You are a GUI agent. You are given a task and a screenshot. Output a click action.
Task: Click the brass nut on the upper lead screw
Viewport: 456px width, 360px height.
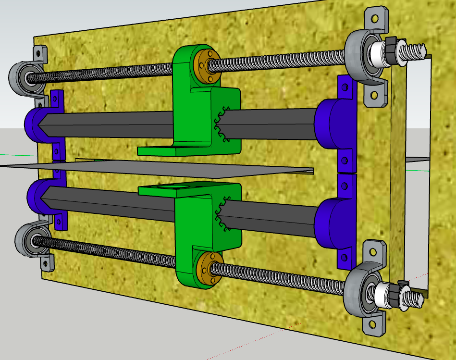(206, 62)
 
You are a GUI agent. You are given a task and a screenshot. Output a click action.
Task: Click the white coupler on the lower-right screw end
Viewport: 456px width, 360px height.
(385, 293)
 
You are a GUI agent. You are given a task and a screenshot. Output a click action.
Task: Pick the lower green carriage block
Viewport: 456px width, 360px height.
(202, 226)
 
